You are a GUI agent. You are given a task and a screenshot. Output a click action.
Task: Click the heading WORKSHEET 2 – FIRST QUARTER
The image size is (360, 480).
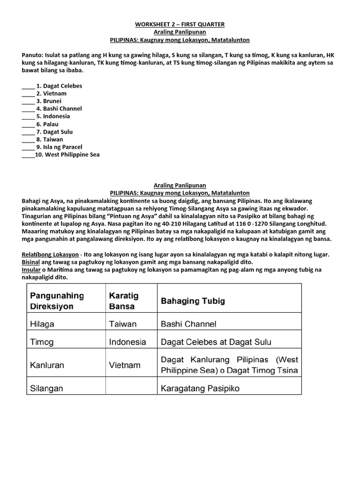(180, 24)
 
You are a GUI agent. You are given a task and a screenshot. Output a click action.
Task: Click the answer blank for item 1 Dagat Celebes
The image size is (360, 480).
(28, 86)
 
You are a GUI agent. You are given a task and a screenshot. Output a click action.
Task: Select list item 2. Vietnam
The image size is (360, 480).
(51, 93)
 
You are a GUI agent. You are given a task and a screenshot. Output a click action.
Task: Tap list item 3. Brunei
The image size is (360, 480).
(49, 101)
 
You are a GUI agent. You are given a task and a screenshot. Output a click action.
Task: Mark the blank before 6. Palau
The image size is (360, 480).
(28, 125)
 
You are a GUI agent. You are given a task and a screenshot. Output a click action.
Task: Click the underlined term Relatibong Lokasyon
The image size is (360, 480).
(50, 255)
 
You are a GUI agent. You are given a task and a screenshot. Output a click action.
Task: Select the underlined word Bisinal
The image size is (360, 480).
(31, 262)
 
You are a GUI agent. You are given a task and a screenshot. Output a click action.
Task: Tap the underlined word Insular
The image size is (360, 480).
(31, 270)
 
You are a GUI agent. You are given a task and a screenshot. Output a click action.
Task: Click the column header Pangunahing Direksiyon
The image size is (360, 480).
(57, 301)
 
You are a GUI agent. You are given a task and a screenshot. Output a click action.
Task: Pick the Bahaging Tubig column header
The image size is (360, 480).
(193, 301)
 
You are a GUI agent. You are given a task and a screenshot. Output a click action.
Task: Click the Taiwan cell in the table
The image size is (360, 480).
(123, 324)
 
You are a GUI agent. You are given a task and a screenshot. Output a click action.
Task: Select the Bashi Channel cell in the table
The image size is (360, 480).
(188, 324)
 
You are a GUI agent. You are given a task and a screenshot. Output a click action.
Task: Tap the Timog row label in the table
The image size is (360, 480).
(42, 342)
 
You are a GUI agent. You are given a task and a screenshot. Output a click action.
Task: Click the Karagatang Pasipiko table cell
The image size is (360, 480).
(200, 389)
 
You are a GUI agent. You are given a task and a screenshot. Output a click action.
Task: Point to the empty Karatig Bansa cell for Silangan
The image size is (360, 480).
(131, 386)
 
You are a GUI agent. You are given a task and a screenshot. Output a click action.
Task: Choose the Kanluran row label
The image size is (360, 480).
(47, 365)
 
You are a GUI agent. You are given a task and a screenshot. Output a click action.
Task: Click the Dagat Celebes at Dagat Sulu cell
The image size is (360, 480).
(216, 342)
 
